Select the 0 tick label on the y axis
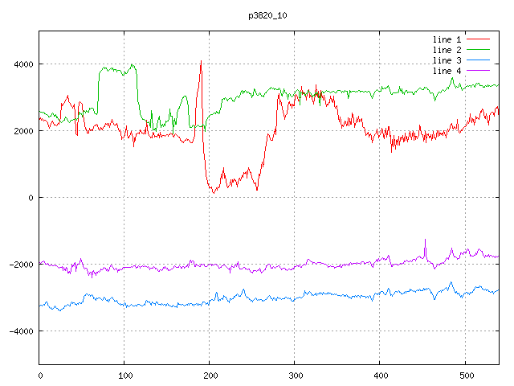point(30,198)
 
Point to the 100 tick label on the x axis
point(124,374)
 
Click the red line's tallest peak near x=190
point(201,61)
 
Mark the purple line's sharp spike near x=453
point(425,240)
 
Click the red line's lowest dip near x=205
point(214,193)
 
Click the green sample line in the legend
point(479,50)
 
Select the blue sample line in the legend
point(479,60)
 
